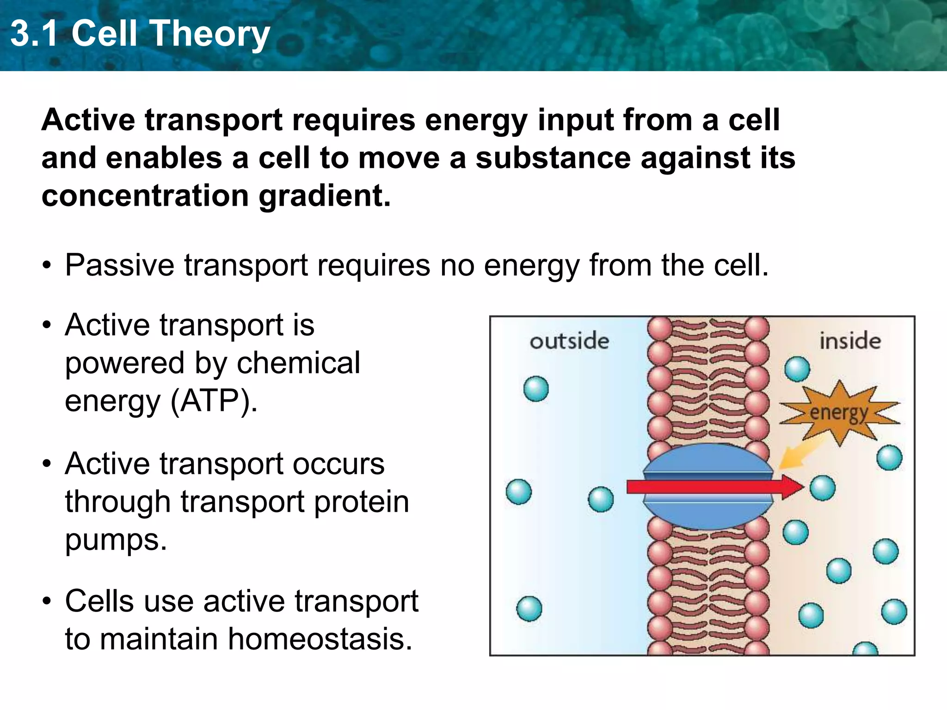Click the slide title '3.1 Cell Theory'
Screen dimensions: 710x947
[x=140, y=33]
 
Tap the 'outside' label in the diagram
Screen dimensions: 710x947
[x=569, y=342]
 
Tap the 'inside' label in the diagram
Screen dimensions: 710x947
[x=850, y=342]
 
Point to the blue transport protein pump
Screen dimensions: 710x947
[x=707, y=462]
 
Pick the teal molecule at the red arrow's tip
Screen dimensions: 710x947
[x=823, y=488]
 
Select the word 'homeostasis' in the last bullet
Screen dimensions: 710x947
[x=320, y=639]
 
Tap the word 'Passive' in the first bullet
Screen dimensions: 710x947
[x=119, y=265]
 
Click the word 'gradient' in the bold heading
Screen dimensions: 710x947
[x=324, y=196]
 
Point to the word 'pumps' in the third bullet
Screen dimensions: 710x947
[x=116, y=540]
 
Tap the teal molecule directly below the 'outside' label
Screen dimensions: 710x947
[x=536, y=389]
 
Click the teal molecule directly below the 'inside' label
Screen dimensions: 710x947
[x=797, y=369]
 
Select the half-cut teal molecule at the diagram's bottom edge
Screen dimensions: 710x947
[x=865, y=649]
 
